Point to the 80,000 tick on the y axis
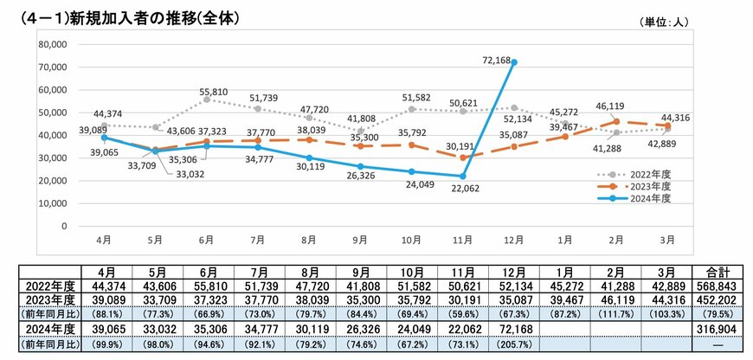coord(54,44)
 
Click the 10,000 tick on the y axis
coord(54,203)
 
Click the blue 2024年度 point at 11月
coord(463,176)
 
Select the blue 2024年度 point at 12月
coord(514,62)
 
